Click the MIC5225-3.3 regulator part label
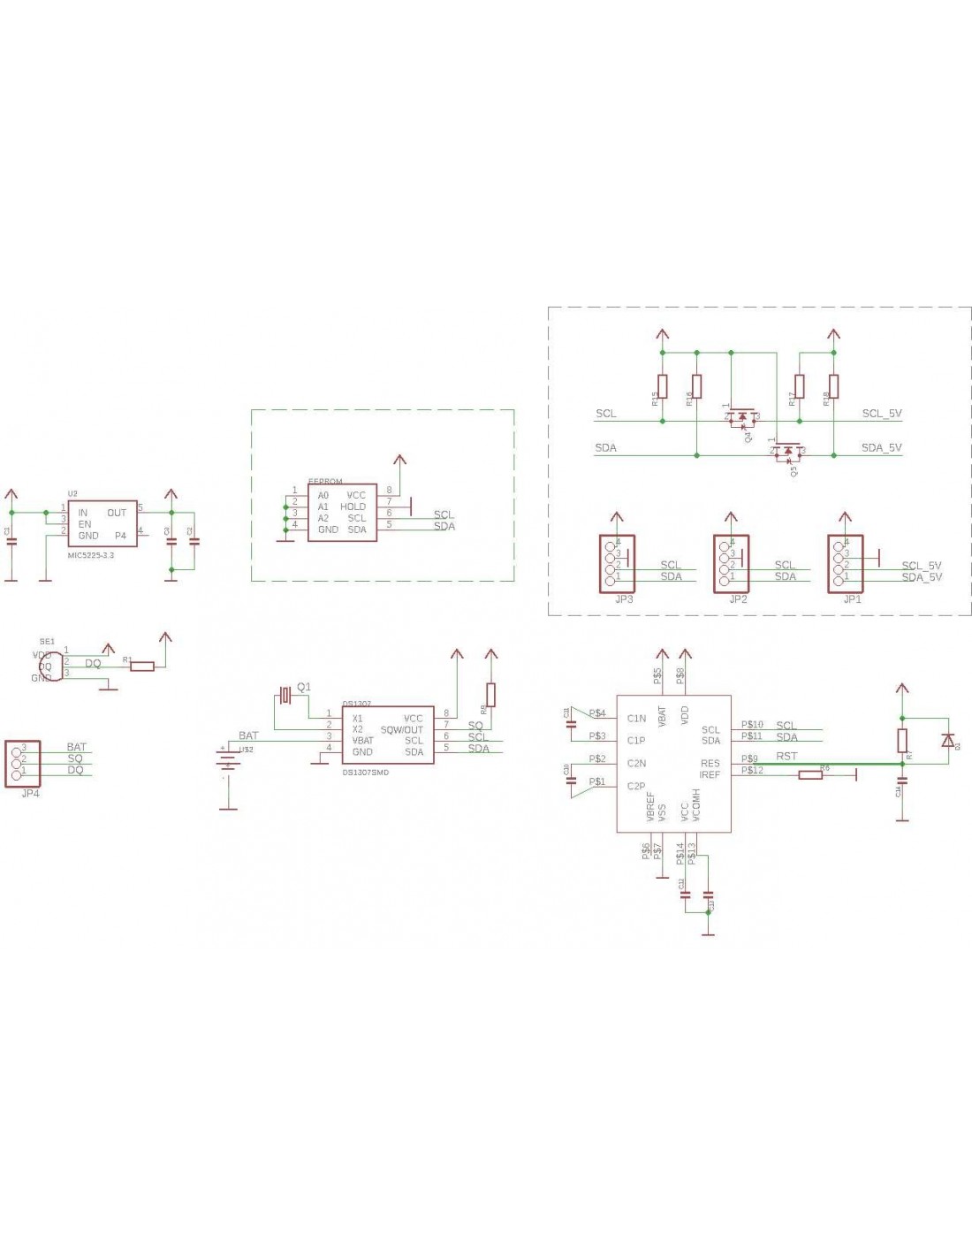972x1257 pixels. pos(91,555)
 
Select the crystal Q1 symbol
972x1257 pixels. pos(285,695)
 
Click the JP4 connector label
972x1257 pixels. pos(30,793)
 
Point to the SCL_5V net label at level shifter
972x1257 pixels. pos(881,413)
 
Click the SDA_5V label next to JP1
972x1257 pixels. pos(921,577)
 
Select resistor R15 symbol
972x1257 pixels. pos(663,386)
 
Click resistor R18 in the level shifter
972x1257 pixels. pos(833,386)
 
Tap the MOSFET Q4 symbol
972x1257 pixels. pos(742,416)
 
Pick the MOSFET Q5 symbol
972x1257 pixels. pos(788,451)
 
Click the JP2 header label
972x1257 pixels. pos(738,598)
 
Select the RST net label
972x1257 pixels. pos(786,756)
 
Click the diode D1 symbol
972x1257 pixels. pos(947,740)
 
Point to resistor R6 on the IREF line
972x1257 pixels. pos(810,774)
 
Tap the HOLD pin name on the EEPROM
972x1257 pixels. pos(353,507)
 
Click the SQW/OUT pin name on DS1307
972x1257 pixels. pos(401,729)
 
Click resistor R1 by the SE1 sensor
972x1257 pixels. pos(142,666)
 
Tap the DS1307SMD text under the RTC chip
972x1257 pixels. pos(365,772)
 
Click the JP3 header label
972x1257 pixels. pos(623,598)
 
